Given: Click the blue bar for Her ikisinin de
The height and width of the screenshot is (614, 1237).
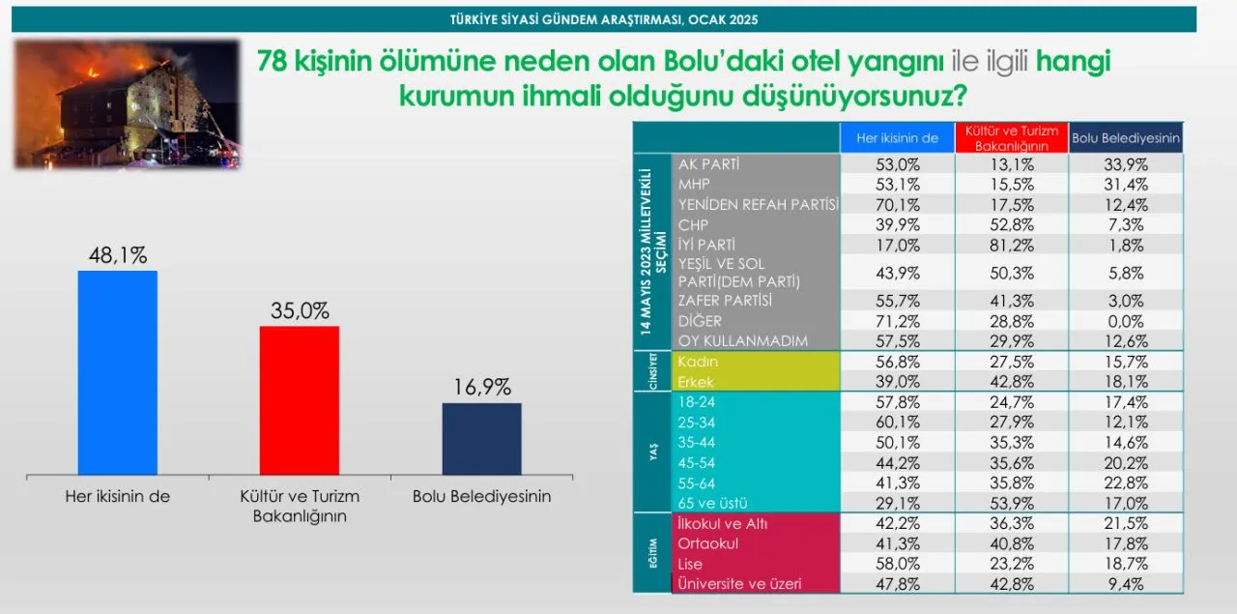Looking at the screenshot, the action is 118,372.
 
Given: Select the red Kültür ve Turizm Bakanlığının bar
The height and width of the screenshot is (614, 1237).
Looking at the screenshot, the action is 300,400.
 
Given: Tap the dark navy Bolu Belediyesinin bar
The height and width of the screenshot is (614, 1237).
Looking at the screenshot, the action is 481,439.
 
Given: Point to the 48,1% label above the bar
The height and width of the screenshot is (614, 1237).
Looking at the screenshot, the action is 118,255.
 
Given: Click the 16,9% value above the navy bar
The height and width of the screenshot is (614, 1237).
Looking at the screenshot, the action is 482,387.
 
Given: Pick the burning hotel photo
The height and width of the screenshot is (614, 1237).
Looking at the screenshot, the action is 128,103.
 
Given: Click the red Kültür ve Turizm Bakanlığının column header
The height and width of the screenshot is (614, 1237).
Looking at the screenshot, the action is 1012,137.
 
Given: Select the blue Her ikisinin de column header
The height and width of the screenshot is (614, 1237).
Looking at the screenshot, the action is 898,137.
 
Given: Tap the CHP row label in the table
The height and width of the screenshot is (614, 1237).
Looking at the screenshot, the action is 693,225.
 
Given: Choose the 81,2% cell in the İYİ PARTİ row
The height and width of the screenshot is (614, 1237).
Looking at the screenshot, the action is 1012,246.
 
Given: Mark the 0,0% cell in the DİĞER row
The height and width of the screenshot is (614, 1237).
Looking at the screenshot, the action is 1126,321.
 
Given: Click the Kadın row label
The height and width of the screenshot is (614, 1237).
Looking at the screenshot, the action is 698,362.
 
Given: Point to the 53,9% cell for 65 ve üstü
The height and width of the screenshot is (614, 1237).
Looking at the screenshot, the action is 1012,504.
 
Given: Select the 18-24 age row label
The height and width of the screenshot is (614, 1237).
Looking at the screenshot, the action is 697,402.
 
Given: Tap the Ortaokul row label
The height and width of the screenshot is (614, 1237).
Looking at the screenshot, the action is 708,543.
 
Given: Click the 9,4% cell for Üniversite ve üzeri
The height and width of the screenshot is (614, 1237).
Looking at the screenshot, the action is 1126,584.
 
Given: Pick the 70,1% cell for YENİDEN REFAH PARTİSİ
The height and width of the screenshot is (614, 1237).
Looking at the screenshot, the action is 898,205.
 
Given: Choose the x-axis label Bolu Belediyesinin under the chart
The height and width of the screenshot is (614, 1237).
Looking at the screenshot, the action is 481,496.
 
